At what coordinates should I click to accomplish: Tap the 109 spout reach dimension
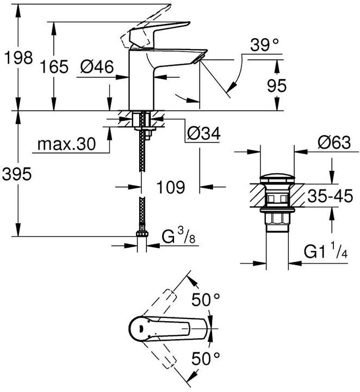[170, 187]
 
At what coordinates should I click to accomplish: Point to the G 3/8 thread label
[179, 238]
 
